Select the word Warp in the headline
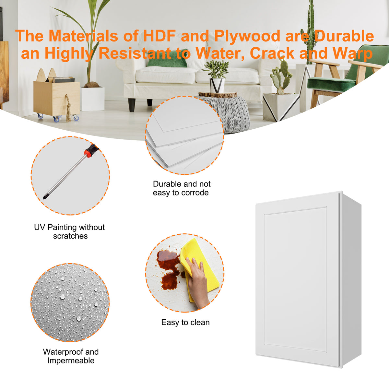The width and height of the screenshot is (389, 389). click(352, 53)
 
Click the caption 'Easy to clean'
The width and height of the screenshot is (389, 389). click(185, 322)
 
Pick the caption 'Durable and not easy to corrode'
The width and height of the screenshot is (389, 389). click(182, 188)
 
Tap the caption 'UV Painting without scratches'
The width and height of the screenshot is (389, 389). click(69, 231)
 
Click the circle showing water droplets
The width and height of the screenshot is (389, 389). click(70, 302)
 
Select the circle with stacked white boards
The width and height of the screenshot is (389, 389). click(184, 135)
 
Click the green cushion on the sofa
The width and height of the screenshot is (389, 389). click(168, 59)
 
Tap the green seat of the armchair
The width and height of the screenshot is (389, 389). click(331, 84)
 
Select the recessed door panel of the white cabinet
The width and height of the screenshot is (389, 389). click(295, 279)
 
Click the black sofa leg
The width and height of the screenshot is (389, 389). click(132, 105)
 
